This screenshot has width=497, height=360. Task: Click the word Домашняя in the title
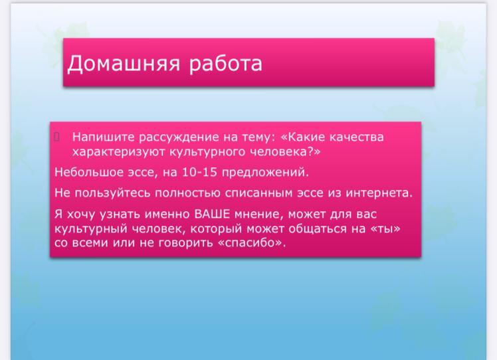tap(124, 63)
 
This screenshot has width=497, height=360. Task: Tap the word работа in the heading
tap(226, 64)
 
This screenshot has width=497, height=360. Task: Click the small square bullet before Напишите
tap(56, 137)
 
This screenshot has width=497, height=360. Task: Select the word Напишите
tap(104, 137)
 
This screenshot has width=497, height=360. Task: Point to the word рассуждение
tap(179, 137)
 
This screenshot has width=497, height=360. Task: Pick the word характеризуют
tap(118, 152)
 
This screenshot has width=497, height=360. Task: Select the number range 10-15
tap(200, 172)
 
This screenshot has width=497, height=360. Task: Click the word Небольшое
tap(89, 172)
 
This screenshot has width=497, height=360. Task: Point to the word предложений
tap(265, 173)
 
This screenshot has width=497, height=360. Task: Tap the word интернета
tap(379, 193)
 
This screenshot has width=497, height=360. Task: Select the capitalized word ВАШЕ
tap(212, 214)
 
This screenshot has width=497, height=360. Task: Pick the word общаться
tap(318, 228)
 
